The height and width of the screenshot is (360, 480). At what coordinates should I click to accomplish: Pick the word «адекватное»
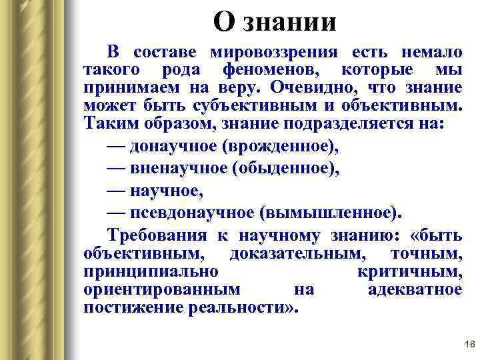tap(415, 289)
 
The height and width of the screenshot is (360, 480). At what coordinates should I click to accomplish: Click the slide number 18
tap(468, 344)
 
